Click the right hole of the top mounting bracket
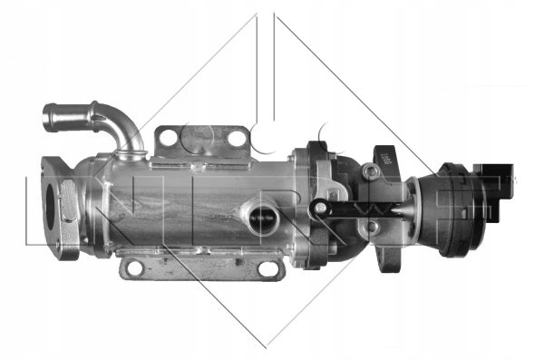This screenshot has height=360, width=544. click(237, 138)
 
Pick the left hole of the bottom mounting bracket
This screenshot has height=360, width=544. click(133, 267)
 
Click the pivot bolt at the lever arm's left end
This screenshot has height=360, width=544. click(319, 209)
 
